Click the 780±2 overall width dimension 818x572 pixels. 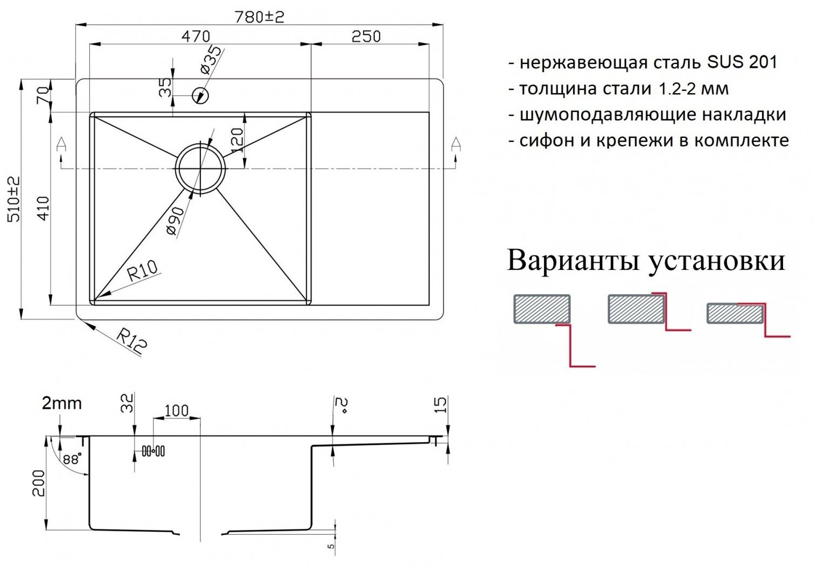[x=259, y=17]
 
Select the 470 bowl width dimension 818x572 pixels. [x=195, y=37]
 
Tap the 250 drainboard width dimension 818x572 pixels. [x=366, y=37]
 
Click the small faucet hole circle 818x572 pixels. [x=201, y=95]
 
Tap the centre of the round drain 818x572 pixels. [x=201, y=168]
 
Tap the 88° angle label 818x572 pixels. [x=71, y=459]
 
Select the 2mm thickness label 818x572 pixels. [x=62, y=402]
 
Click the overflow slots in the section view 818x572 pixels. [x=153, y=451]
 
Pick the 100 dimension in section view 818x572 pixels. [x=176, y=410]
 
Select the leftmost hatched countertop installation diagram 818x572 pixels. [x=542, y=309]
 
